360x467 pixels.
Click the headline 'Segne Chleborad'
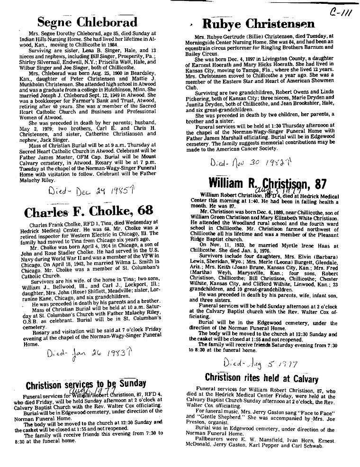(87, 22)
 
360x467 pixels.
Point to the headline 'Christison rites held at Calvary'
(261, 378)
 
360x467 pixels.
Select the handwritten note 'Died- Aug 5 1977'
(260, 364)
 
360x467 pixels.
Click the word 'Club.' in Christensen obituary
(191, 87)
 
